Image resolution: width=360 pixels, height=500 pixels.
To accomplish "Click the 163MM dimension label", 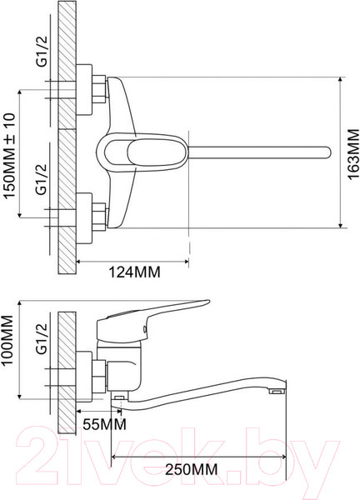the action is (352, 154).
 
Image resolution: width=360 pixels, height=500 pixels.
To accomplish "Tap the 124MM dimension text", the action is (134, 272).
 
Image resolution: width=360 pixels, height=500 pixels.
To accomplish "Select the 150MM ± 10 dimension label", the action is (9, 156).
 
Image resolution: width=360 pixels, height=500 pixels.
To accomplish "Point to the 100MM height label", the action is (7, 341).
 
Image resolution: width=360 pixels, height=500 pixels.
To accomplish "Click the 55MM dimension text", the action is (104, 424).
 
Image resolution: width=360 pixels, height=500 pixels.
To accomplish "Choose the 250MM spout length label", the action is (192, 470).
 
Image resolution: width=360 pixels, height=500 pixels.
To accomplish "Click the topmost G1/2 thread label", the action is (41, 51).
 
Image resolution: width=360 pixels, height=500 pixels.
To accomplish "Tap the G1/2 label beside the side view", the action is (41, 338).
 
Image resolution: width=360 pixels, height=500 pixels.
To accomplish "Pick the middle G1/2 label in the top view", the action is (41, 179).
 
